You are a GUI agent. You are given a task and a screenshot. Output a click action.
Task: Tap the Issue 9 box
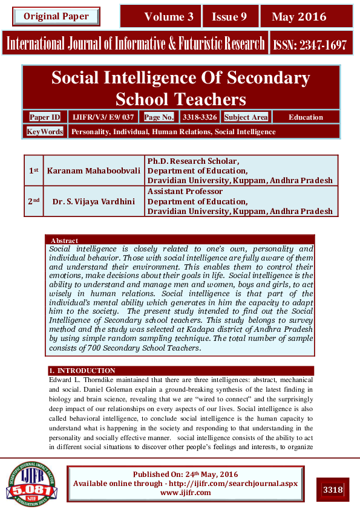point(229,16)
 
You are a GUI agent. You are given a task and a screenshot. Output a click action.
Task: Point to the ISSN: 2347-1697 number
point(309,44)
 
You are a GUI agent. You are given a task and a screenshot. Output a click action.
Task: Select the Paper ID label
point(45,117)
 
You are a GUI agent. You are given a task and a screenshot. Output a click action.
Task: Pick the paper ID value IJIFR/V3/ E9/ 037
point(103,117)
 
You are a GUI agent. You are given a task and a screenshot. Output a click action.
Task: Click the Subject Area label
point(246,117)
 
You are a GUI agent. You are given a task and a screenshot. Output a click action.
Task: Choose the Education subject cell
point(306,117)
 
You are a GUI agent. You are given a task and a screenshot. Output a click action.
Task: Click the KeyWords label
point(45,131)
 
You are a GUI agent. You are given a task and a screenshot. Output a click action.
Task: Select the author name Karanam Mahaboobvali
point(94,170)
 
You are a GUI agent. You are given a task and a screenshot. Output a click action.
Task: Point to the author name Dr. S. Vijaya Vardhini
point(94,201)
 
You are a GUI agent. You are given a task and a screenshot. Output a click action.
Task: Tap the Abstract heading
point(64,240)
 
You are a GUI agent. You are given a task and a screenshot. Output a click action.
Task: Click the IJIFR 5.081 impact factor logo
point(31,483)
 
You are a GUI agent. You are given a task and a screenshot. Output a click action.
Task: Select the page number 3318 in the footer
point(333,489)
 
